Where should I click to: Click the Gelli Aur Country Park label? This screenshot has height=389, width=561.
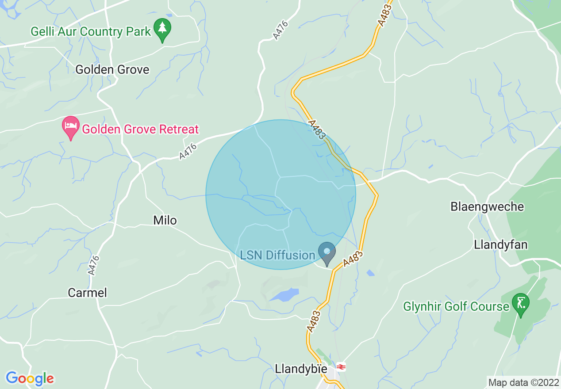(x=91, y=32)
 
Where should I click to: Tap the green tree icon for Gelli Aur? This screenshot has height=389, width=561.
(x=162, y=29)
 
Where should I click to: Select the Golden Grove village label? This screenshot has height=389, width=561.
(x=112, y=69)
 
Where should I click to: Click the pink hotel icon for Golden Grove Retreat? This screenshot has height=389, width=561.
(x=70, y=127)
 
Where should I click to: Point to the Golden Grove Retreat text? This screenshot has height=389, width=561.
(x=141, y=130)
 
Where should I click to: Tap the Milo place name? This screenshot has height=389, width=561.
(x=165, y=220)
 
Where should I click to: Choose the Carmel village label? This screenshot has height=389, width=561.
(x=88, y=293)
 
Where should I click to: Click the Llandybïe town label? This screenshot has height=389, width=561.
(x=301, y=369)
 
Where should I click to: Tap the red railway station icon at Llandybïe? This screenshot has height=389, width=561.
(x=341, y=367)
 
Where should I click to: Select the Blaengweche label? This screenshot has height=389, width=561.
(x=487, y=206)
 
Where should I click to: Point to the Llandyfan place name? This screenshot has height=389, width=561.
(x=501, y=244)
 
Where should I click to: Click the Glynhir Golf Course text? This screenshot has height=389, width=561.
(x=456, y=306)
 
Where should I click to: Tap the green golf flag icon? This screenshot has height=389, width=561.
(x=520, y=304)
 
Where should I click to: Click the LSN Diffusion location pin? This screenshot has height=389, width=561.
(x=327, y=253)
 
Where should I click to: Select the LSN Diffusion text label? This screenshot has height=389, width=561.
(x=277, y=255)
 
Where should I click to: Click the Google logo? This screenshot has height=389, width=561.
(x=30, y=378)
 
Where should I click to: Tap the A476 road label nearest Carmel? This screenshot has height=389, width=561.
(x=93, y=266)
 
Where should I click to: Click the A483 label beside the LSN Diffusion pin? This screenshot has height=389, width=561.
(x=352, y=260)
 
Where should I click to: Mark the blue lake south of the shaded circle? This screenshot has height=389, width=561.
(x=284, y=294)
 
